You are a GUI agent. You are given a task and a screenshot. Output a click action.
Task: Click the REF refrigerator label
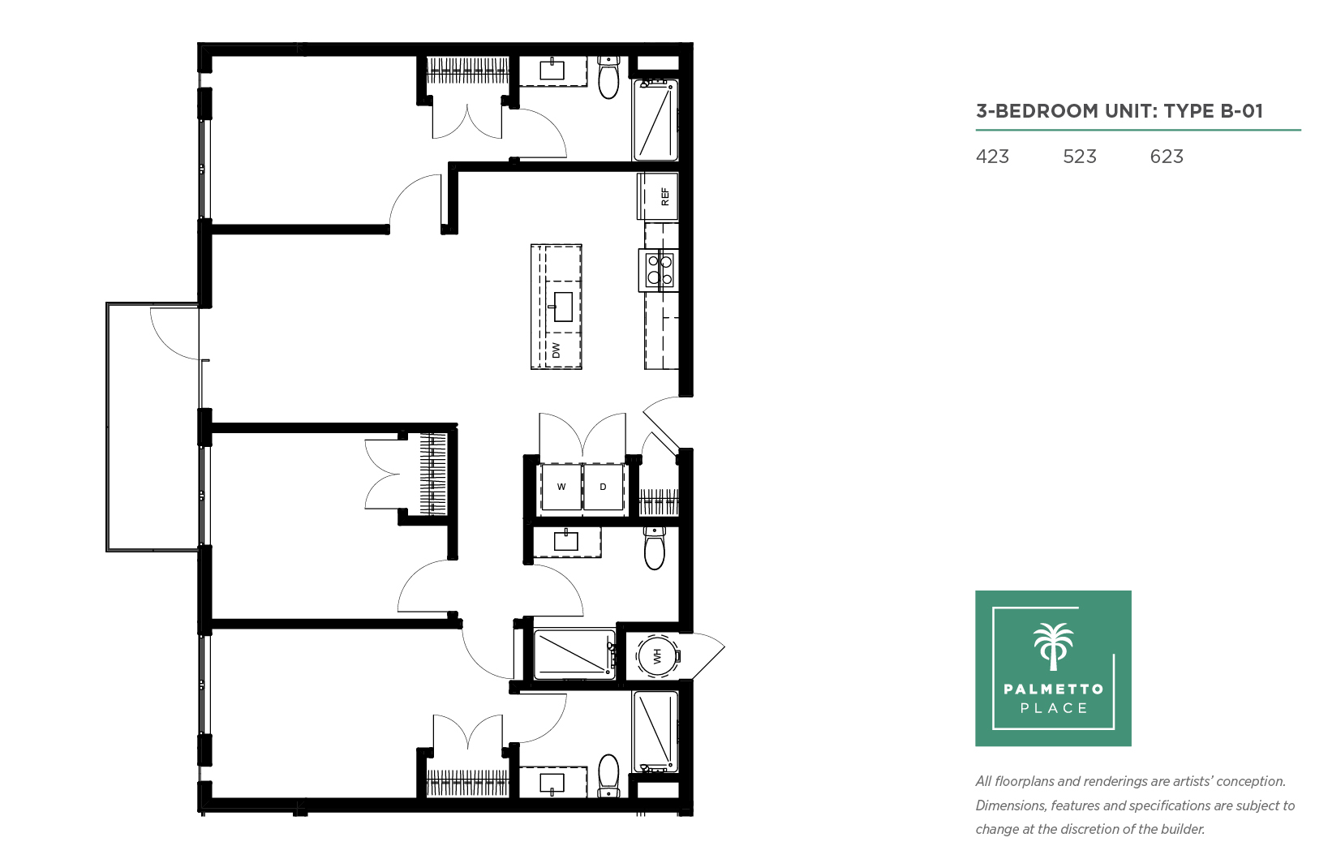tap(664, 196)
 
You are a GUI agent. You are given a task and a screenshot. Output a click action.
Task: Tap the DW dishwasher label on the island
tap(556, 350)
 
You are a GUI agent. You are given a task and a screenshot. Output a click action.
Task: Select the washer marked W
tap(561, 487)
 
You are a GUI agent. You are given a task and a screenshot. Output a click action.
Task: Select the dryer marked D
tap(603, 487)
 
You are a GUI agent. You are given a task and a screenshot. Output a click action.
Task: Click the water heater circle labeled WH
tap(657, 655)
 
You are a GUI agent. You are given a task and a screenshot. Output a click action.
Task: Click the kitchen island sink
tap(562, 307)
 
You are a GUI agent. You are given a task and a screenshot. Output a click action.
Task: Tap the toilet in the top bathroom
tap(609, 78)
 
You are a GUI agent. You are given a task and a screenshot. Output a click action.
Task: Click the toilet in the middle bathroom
tap(655, 548)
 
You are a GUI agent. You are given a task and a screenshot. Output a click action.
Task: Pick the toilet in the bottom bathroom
tap(609, 776)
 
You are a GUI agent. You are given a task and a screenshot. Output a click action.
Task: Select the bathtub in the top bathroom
tap(655, 120)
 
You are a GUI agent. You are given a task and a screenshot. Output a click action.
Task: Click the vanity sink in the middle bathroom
tap(565, 540)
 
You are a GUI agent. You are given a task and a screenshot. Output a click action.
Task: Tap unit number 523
tap(1080, 157)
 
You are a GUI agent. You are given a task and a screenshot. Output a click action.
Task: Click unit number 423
tap(992, 157)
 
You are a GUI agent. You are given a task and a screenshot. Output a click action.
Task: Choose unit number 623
tap(1167, 157)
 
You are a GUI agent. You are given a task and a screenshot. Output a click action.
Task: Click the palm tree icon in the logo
tap(1054, 646)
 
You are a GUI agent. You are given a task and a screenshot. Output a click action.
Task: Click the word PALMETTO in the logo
tap(1054, 689)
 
